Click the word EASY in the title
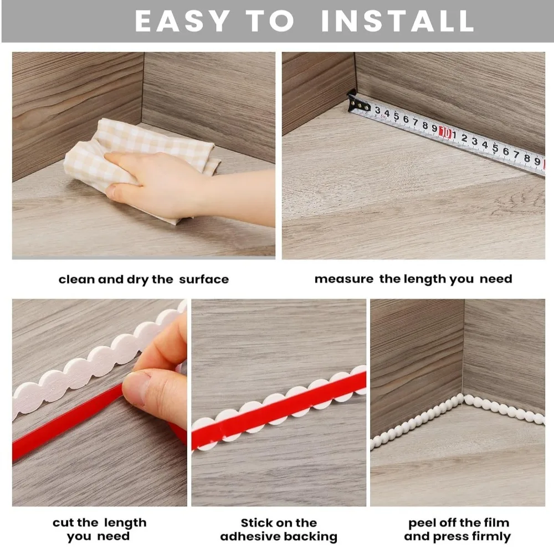pyautogui.click(x=182, y=22)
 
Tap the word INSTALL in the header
pyautogui.click(x=397, y=22)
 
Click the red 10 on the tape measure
pyautogui.click(x=444, y=132)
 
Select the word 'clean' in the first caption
pyautogui.click(x=76, y=279)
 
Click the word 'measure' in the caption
pyautogui.click(x=344, y=279)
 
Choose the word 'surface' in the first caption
pyautogui.click(x=203, y=279)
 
